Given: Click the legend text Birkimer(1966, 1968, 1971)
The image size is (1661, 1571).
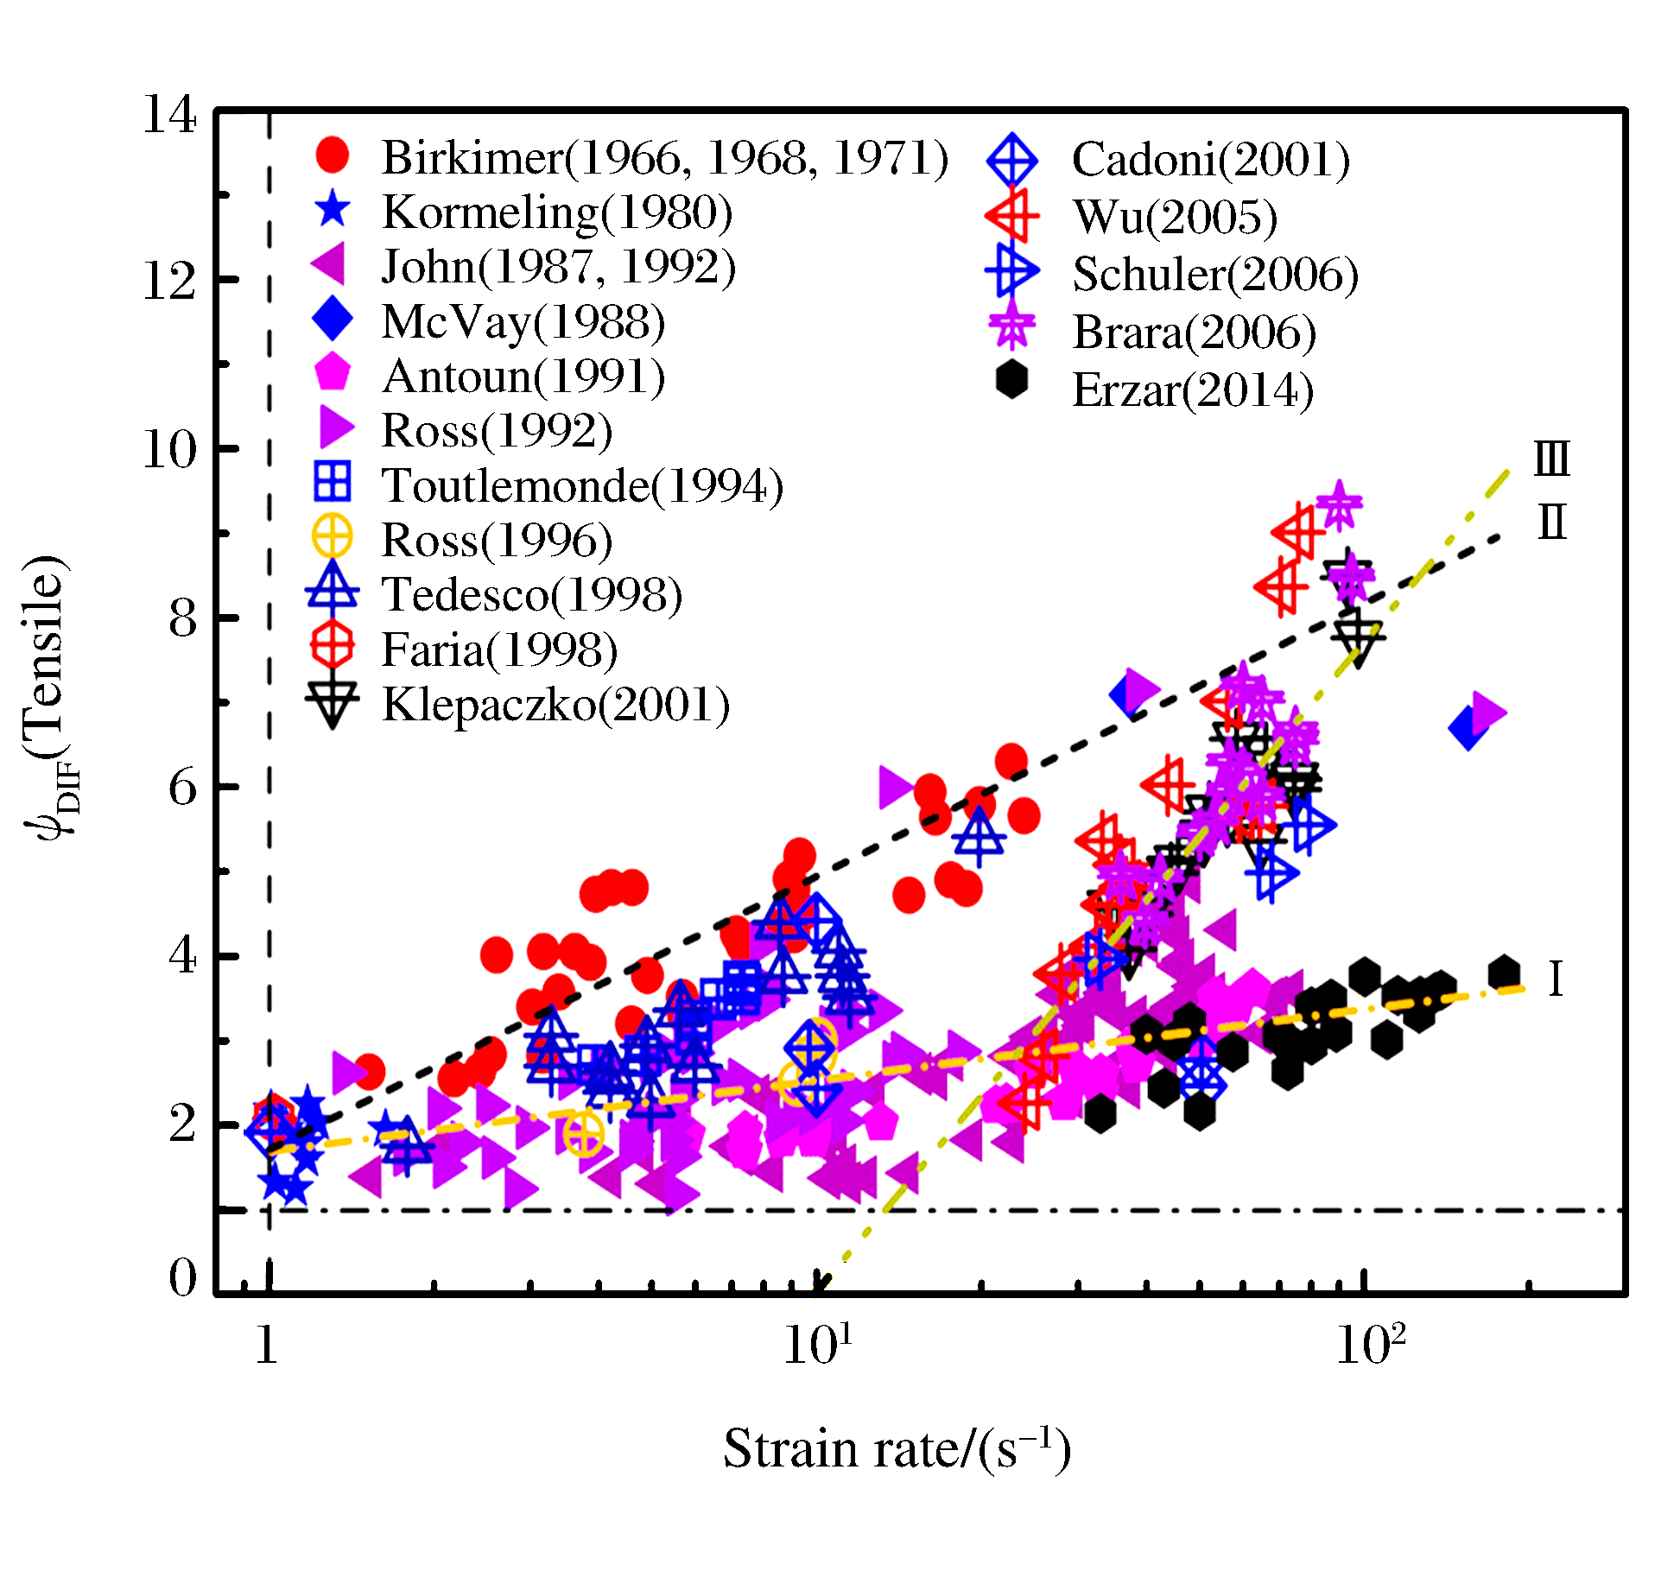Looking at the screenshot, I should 665,157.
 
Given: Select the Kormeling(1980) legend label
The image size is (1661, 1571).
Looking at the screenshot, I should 557,212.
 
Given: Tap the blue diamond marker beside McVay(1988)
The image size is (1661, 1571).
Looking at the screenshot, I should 333,320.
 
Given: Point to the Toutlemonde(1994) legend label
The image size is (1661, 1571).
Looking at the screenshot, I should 582,485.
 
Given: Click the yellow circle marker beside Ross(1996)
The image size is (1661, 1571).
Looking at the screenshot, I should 333,538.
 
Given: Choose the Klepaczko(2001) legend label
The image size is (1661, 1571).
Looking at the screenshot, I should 555,705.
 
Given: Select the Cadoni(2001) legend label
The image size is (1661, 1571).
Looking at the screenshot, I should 1210,160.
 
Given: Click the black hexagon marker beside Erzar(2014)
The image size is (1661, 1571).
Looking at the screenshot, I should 1011,381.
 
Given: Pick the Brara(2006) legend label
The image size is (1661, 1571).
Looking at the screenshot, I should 1194,333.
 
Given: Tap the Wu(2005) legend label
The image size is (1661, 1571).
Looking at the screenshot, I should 1175,217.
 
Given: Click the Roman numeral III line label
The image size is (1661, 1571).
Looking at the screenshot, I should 1551,459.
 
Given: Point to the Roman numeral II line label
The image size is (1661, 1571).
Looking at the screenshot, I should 1551,523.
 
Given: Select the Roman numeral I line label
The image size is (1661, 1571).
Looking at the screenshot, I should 1556,979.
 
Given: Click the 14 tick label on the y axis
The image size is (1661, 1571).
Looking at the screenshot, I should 169,114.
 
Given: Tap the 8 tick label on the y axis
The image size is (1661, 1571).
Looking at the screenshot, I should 182,618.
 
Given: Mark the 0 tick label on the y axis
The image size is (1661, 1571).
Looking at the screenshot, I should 182,1277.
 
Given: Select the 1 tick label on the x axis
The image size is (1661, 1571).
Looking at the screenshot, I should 267,1346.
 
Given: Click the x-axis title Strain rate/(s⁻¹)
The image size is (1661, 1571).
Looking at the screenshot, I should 897,1448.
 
